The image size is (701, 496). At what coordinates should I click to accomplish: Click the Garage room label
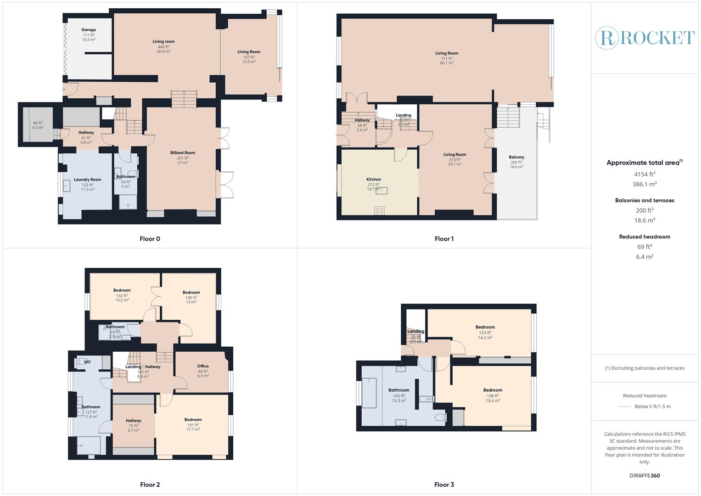[x=89, y=30]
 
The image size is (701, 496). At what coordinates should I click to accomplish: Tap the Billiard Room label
[x=183, y=153]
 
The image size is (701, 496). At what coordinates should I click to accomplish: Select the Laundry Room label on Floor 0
[x=87, y=180]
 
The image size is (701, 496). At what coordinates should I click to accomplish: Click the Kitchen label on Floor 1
[x=373, y=180]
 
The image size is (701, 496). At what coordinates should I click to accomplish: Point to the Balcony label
[x=516, y=157]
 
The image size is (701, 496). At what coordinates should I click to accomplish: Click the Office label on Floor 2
[x=203, y=366]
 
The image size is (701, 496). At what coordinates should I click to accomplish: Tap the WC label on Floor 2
[x=87, y=362]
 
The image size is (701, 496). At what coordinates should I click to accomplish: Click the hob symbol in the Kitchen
[x=379, y=210]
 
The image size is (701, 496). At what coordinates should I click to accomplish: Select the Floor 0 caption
[x=150, y=239]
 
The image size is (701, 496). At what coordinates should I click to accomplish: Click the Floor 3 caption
[x=444, y=485]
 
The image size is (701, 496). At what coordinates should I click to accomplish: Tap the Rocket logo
[x=645, y=38]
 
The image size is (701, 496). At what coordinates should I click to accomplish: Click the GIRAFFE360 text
[x=645, y=475]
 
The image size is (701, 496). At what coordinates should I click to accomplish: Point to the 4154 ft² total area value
[x=645, y=174]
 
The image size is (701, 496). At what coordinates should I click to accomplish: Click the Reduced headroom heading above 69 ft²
[x=645, y=237]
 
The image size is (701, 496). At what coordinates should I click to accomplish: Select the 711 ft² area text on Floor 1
[x=447, y=58]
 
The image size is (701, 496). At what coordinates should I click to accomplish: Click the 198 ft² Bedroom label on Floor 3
[x=493, y=390]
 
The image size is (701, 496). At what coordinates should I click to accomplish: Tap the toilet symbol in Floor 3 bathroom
[x=441, y=417]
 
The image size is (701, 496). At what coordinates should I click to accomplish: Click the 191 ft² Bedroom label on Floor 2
[x=193, y=420]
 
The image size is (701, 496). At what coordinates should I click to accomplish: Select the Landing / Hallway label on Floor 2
[x=143, y=367]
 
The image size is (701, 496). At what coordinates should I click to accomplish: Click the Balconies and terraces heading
[x=645, y=200]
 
